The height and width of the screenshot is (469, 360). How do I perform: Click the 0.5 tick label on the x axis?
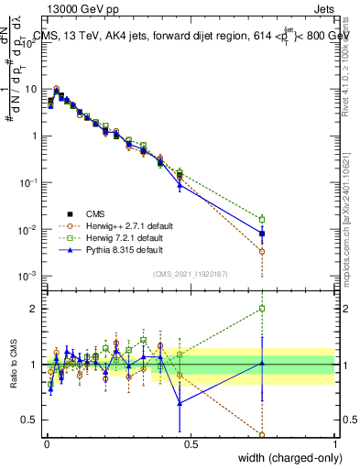point(190,444)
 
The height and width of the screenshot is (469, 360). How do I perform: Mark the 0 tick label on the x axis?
point(45,444)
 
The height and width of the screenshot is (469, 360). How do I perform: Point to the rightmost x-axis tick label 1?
point(334,444)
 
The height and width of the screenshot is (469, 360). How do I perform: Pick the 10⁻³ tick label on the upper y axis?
point(29,276)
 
